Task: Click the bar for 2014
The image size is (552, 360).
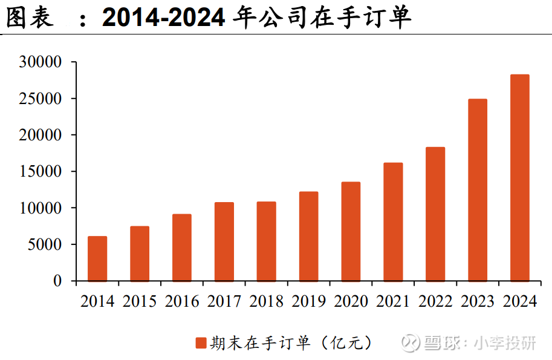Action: pos(97,258)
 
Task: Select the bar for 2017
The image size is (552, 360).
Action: pos(224,241)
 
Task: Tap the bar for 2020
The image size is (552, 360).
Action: pos(351,231)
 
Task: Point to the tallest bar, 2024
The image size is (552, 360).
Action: pos(519,178)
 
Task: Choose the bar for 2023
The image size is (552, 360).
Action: pos(478,190)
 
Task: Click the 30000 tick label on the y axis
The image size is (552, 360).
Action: pos(41,62)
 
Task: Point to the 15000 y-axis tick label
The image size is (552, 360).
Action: pos(41,171)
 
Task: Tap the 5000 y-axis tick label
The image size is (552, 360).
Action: pos(45,244)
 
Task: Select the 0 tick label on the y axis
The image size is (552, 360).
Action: pos(57,281)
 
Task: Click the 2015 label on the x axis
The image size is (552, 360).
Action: pos(140,301)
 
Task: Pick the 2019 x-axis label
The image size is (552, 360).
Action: pos(308,301)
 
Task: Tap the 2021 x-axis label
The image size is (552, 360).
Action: pos(393,301)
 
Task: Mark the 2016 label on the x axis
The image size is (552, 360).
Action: pos(182,301)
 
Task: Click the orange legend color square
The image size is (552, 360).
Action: pos(201,344)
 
